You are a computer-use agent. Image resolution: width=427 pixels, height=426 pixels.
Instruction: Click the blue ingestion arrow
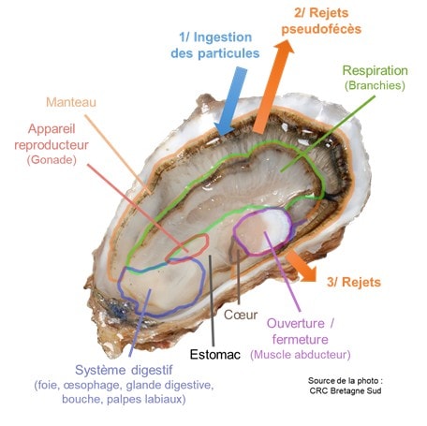(231, 101)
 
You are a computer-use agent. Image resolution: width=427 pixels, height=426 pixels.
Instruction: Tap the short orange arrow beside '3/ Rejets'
(302, 266)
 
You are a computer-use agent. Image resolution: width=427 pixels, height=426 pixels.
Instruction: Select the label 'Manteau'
(71, 102)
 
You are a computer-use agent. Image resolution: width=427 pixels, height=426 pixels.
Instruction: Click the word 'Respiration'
(375, 70)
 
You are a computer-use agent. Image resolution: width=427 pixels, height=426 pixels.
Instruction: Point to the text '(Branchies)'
(375, 85)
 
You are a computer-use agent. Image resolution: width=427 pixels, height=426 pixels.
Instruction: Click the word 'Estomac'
(215, 355)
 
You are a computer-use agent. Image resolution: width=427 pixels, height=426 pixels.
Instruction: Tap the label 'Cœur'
(241, 315)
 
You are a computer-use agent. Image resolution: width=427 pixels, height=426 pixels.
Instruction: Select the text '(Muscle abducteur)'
(301, 355)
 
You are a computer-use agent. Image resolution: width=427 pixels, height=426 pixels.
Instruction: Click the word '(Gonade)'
(52, 160)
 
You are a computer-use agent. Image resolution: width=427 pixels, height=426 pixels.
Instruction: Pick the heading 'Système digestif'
(124, 370)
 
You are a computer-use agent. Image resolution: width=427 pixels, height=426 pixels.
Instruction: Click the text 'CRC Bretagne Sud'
(346, 390)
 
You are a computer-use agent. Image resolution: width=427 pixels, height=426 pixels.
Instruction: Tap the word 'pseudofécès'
(321, 29)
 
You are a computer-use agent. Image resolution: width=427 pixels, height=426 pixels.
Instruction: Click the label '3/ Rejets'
(354, 282)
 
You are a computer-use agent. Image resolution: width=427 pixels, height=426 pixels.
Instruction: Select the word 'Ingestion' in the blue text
(223, 37)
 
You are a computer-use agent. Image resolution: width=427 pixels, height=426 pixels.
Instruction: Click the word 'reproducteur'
(52, 145)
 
